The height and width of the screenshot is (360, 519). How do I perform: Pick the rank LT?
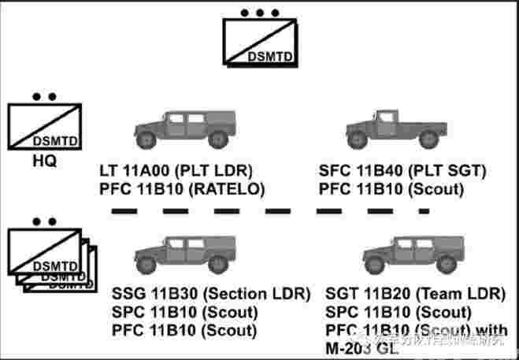109,170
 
